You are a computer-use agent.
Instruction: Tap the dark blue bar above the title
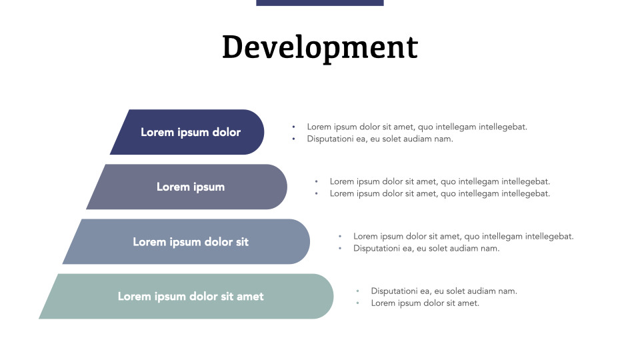click(x=320, y=3)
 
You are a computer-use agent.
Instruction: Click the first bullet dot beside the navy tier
click(x=293, y=127)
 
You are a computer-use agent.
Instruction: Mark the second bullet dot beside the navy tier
click(x=293, y=139)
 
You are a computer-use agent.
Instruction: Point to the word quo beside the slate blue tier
click(x=471, y=236)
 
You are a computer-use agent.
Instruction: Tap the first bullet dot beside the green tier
click(x=357, y=291)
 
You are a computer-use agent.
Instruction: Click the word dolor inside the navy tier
click(x=226, y=132)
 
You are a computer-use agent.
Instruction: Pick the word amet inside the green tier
click(x=250, y=296)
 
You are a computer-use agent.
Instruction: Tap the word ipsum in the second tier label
click(x=209, y=187)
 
